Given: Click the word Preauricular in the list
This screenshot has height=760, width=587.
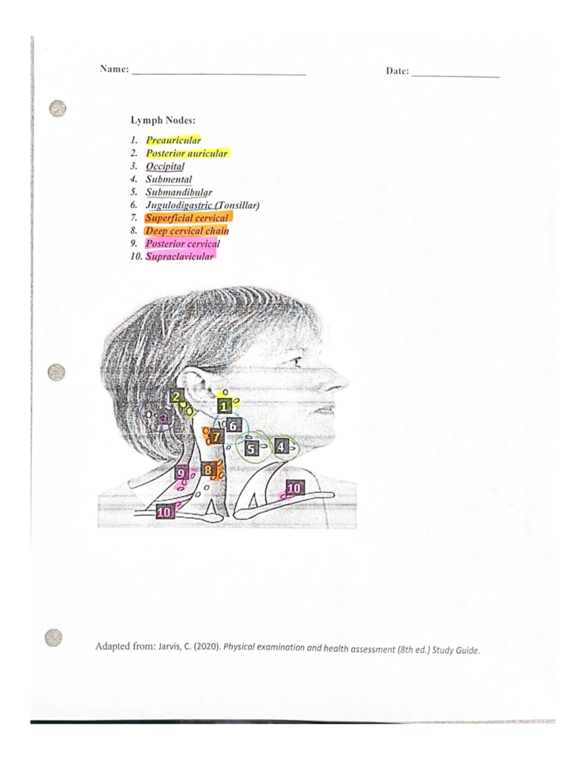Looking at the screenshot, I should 173,140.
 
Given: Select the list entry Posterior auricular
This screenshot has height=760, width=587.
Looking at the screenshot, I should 186,153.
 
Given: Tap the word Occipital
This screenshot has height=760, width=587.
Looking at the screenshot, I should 165,166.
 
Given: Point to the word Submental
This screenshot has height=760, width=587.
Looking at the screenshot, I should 168,179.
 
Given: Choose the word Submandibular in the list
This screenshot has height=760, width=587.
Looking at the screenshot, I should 179,192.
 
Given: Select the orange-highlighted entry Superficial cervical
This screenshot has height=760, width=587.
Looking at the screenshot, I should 187,218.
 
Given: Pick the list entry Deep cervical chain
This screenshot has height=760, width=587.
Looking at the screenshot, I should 187,230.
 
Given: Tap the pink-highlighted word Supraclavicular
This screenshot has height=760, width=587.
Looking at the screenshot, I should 180,256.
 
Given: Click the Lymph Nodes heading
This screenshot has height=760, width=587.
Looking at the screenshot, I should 162,120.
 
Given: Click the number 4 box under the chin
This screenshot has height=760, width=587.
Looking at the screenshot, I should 280,447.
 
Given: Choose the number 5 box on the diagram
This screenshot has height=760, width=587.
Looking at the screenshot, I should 251,448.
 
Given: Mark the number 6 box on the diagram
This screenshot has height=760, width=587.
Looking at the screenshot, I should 233,426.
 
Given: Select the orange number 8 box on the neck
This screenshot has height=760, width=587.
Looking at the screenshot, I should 207,470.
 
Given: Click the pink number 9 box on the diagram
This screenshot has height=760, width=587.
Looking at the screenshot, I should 181,473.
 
